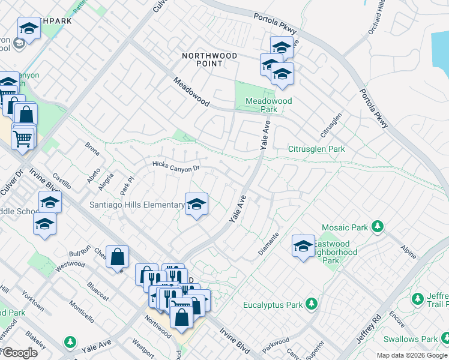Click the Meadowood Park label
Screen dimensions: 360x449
tap(268, 106)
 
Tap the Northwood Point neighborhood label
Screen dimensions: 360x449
tap(209, 60)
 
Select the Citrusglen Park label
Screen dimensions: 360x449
tap(316, 149)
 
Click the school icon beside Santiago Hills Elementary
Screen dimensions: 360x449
tap(196, 205)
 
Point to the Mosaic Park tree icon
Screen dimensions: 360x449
tap(377, 227)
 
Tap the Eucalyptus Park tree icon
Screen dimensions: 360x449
tap(311, 305)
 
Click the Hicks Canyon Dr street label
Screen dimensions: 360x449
tap(175, 166)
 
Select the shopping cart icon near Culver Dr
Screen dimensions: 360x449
tap(23, 139)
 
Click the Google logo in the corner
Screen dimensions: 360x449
tap(19, 353)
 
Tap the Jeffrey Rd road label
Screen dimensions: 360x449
tap(368, 328)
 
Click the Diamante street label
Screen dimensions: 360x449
tap(268, 244)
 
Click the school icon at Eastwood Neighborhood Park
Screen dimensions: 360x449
tap(303, 245)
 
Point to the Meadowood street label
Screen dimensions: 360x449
tap(191, 92)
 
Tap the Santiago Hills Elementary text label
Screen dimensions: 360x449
tap(137, 205)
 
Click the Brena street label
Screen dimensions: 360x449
tap(92, 149)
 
